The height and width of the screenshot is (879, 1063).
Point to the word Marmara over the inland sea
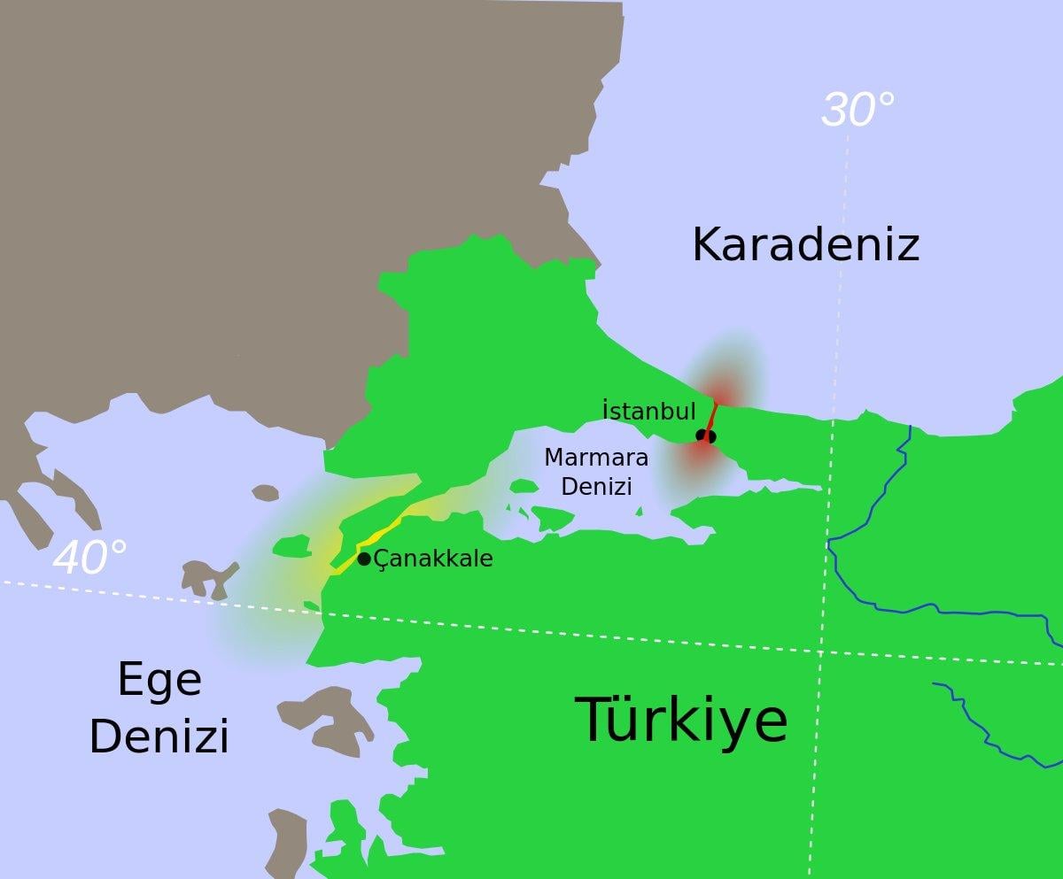click(x=595, y=458)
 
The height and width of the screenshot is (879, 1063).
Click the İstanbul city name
click(x=648, y=411)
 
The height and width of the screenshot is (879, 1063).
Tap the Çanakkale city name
click(x=433, y=559)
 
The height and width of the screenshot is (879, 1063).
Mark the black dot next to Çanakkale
click(x=363, y=559)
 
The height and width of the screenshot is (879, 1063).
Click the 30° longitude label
click(x=857, y=111)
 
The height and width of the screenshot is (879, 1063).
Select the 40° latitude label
click(x=89, y=559)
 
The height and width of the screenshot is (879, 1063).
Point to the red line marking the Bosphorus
click(x=712, y=416)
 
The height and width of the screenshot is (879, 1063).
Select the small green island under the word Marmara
click(x=524, y=486)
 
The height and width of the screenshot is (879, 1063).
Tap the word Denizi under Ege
click(x=159, y=736)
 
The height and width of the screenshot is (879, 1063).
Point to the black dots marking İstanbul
click(x=705, y=436)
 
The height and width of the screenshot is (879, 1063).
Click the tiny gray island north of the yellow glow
click(x=265, y=493)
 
